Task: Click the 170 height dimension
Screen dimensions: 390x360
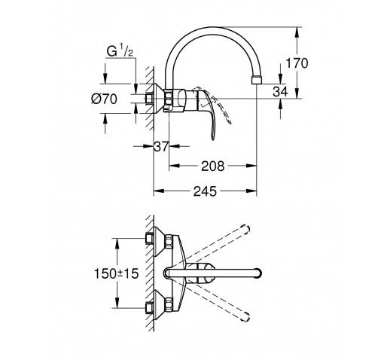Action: [297, 63]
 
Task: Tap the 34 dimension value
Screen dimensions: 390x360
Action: [280, 92]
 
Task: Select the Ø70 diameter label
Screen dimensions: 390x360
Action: [104, 99]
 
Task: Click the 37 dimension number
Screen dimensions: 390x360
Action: [161, 146]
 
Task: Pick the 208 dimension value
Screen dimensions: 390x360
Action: [212, 166]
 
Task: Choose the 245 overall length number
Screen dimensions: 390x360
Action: [205, 191]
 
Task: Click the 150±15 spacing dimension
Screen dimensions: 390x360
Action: [116, 273]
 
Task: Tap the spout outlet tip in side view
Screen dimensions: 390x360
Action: [256, 80]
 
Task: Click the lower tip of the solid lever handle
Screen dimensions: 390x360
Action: [213, 139]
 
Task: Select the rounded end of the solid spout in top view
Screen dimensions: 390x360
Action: [258, 273]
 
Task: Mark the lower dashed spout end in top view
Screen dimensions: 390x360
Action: [245, 316]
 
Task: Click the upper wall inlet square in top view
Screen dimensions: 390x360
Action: [149, 238]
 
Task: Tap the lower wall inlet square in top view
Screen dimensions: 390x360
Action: [149, 308]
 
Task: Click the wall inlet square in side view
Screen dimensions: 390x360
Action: [149, 98]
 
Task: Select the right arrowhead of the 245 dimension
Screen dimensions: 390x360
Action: [251, 191]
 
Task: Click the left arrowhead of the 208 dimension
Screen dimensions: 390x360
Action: [174, 166]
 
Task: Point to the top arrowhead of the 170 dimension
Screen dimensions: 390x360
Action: [297, 32]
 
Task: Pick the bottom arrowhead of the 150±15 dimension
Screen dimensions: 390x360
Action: [117, 303]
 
